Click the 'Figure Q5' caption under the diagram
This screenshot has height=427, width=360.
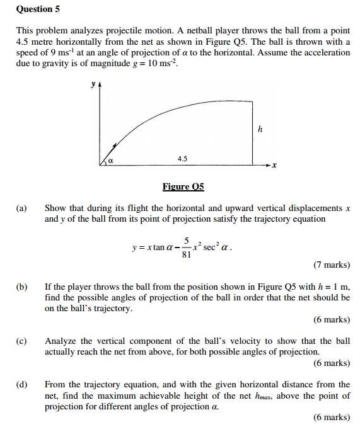[x=183, y=186]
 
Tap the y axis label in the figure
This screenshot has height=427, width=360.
[x=93, y=83]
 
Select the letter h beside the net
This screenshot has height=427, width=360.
[x=259, y=129]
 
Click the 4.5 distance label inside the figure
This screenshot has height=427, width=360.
[x=182, y=159]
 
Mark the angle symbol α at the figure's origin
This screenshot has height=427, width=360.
[x=110, y=161]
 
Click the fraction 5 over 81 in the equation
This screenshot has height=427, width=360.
[x=185, y=249]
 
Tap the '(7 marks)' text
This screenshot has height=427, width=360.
[x=332, y=265]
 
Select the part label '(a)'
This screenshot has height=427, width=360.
[x=22, y=208]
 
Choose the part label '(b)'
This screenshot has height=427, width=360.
[x=22, y=287]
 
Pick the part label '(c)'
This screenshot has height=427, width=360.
[x=22, y=341]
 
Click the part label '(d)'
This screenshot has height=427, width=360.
[x=22, y=384]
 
